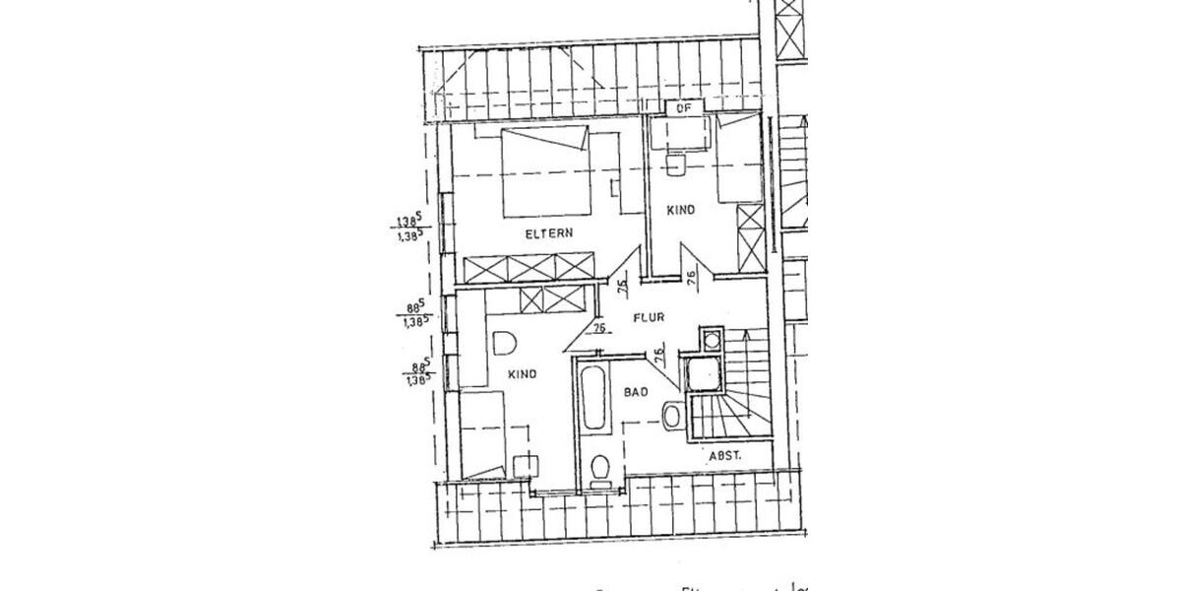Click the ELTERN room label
coord(549,233)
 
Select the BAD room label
coord(635,392)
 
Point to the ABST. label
coord(724,456)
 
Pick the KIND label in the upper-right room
coord(681,210)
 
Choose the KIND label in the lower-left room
coord(522,374)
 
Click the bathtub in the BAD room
coord(594,399)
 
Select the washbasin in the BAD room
coord(672,417)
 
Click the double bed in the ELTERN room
coord(546,172)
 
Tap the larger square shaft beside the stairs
coord(704,375)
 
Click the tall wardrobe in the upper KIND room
coord(750,236)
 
